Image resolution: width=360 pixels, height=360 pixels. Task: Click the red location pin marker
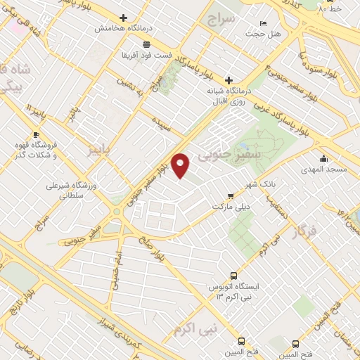pyautogui.click(x=181, y=165)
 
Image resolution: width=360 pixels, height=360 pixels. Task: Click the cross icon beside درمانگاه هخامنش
pyautogui.click(x=124, y=18)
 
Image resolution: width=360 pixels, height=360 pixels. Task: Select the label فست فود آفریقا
pyautogui.click(x=145, y=54)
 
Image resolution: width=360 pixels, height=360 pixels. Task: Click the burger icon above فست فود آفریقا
pyautogui.click(x=146, y=44)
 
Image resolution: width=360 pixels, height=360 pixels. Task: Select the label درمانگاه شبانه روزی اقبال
pyautogui.click(x=229, y=96)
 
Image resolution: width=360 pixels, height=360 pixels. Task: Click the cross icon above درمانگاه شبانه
pyautogui.click(x=229, y=80)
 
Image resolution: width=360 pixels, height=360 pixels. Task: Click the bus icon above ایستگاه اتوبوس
pyautogui.click(x=234, y=276)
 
